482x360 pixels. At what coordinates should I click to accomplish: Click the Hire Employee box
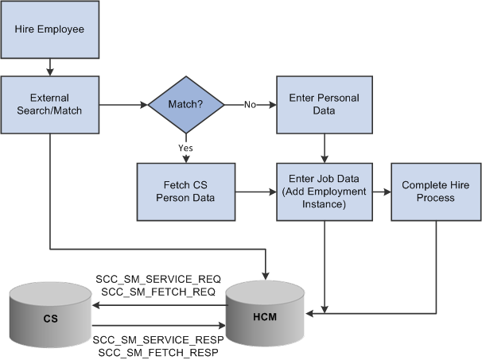click(x=49, y=30)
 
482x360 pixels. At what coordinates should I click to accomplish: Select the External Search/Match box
click(x=49, y=104)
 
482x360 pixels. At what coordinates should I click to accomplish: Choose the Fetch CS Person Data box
click(x=186, y=192)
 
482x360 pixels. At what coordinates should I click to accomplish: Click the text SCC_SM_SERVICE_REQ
click(x=158, y=279)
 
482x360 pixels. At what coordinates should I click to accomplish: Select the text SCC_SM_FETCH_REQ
click(x=158, y=292)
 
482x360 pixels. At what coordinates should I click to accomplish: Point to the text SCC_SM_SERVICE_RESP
click(x=158, y=339)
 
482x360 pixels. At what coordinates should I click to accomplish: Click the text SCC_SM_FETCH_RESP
click(x=158, y=352)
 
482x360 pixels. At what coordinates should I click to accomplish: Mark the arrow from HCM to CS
click(x=159, y=304)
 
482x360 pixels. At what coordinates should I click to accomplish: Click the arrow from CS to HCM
click(x=159, y=324)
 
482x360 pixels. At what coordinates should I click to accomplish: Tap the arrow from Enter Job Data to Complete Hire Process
click(x=382, y=192)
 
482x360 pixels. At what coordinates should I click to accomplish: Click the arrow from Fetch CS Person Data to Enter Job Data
click(x=255, y=192)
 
